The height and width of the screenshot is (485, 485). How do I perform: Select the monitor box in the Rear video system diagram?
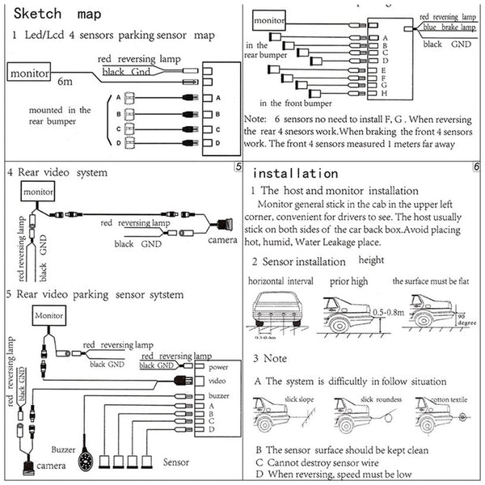click(x=39, y=193)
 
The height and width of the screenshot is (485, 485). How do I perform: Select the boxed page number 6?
click(x=478, y=167)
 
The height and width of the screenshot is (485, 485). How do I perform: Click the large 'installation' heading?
click(x=295, y=174)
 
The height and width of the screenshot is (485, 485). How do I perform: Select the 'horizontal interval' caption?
click(x=280, y=282)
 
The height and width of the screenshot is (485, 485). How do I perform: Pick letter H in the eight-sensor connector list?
click(x=386, y=90)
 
